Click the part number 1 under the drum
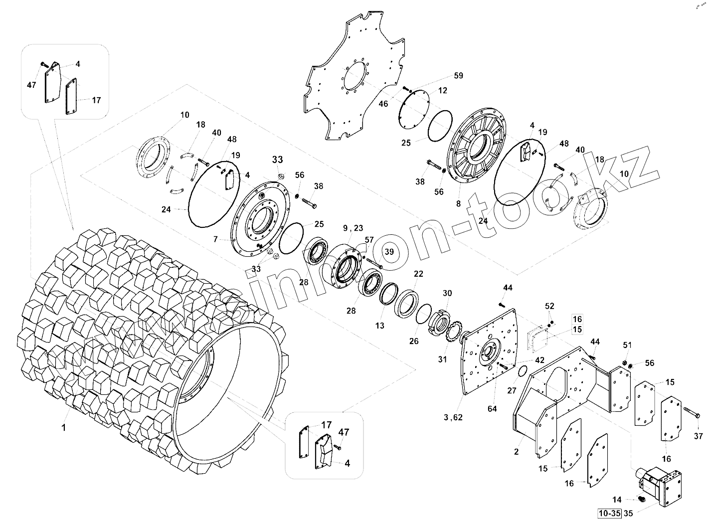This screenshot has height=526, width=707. coord(63,427)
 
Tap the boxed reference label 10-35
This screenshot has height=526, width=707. coord(609,512)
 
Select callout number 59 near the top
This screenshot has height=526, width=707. coord(458,76)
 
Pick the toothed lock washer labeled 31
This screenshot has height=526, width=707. coord(455,332)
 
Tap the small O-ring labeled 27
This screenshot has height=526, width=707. coord(522,371)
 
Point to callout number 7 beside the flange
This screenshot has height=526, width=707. coord(215,239)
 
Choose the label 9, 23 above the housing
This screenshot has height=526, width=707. coord(353,228)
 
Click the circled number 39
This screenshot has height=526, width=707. coord(389,252)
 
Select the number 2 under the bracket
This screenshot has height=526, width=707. coord(517,452)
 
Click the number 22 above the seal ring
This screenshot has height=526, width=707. coord(418,274)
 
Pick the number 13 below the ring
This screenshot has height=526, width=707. coord(380,326)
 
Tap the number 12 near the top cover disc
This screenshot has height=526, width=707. coord(443,90)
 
